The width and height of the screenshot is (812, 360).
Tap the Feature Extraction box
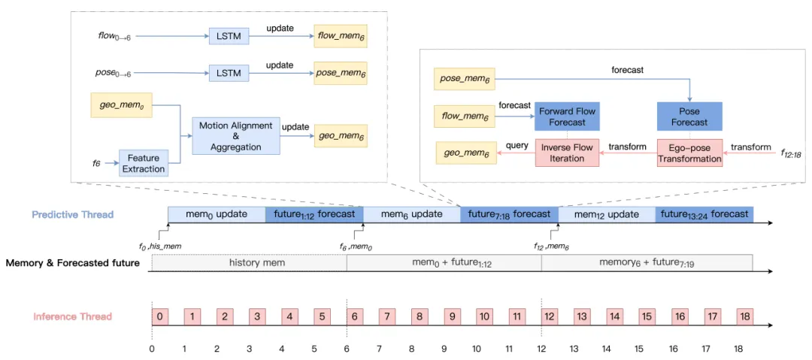click(x=144, y=163)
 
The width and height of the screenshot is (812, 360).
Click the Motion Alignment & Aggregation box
click(x=236, y=135)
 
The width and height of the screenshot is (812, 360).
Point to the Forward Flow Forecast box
click(x=568, y=116)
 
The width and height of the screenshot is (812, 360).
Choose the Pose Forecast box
click(x=689, y=116)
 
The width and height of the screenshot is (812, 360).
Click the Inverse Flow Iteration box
click(x=568, y=153)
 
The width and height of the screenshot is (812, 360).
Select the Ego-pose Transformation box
click(x=689, y=153)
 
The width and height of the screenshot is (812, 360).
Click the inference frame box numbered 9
click(x=452, y=316)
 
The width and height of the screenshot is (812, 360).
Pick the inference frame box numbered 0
click(x=159, y=316)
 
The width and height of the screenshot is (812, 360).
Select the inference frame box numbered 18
click(x=744, y=316)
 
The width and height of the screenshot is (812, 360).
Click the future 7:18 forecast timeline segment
click(x=509, y=214)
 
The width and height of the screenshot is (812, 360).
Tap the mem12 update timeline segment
click(x=606, y=214)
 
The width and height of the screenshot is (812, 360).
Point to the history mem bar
click(x=249, y=263)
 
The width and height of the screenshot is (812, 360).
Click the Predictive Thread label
click(x=72, y=215)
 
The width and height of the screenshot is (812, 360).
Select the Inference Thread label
click(x=73, y=316)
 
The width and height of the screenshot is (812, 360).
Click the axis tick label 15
click(x=639, y=349)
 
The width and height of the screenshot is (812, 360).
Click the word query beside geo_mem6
click(x=517, y=146)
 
